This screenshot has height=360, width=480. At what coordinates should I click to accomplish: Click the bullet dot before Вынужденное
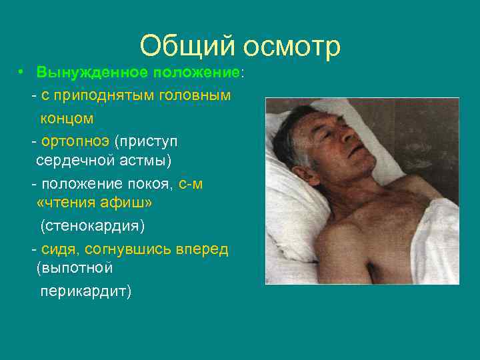coord(22,71)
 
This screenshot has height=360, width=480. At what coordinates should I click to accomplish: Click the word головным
coord(194,95)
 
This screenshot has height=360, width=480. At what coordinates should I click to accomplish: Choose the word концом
coord(67,118)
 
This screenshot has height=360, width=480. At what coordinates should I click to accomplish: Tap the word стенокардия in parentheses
coord(92,226)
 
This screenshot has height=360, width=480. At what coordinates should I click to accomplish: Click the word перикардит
coord(85,291)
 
